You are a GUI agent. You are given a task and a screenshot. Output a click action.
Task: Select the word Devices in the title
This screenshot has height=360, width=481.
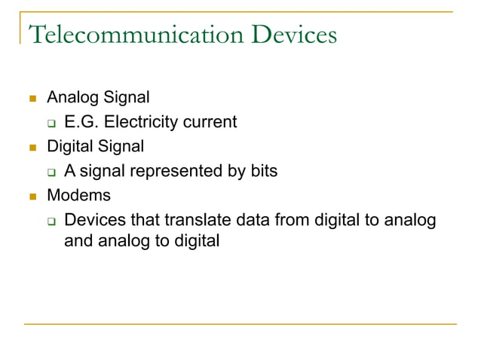290,34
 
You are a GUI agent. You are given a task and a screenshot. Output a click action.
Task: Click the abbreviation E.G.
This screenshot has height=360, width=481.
81,121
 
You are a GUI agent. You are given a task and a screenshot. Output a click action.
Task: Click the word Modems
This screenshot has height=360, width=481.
78,196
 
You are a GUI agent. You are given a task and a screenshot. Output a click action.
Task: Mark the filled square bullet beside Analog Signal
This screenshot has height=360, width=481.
32,98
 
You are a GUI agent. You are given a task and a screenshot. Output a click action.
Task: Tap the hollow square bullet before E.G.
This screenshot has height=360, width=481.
52,123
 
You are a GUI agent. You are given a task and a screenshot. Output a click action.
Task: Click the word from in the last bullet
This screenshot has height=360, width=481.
296,221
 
